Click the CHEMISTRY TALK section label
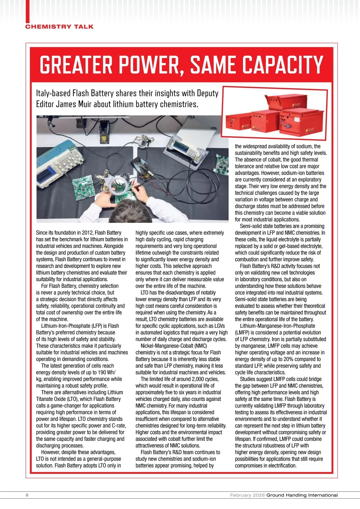(x=59, y=27)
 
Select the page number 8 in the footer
(x=27, y=495)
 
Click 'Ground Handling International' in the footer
(x=302, y=495)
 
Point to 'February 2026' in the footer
(x=247, y=495)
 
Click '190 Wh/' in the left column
(x=107, y=372)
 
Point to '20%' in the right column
(x=279, y=359)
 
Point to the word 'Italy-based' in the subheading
(x=53, y=93)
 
